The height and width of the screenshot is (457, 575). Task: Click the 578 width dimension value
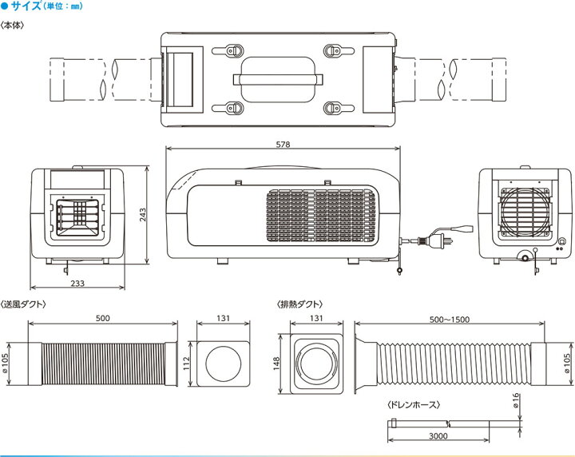pyautogui.click(x=283, y=145)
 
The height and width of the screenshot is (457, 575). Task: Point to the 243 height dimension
pyautogui.click(x=143, y=215)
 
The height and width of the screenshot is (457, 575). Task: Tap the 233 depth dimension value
pyautogui.click(x=77, y=283)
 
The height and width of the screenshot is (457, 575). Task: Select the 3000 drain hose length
pyautogui.click(x=438, y=435)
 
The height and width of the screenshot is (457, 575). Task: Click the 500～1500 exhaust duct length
pyautogui.click(x=449, y=320)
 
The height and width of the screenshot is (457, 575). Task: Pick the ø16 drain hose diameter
pyautogui.click(x=515, y=400)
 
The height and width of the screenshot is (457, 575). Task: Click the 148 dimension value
pyautogui.click(x=276, y=363)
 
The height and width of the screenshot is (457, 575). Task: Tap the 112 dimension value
pyautogui.click(x=187, y=363)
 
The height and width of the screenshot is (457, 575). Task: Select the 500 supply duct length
pyautogui.click(x=103, y=318)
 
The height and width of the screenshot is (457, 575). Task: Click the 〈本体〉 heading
pyautogui.click(x=13, y=26)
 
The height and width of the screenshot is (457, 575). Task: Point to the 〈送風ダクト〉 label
pyautogui.click(x=23, y=304)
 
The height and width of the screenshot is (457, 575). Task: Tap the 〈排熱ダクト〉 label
pyautogui.click(x=300, y=304)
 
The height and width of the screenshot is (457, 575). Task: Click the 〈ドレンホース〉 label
pyautogui.click(x=414, y=405)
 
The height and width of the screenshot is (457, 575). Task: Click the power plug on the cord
pyautogui.click(x=435, y=241)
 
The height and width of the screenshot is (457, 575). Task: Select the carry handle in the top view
pyautogui.click(x=278, y=79)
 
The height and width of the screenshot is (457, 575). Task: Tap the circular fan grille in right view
pyautogui.click(x=525, y=212)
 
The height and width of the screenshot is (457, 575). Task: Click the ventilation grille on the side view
pyautogui.click(x=321, y=216)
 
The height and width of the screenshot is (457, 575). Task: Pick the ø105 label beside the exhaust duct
pyautogui.click(x=567, y=363)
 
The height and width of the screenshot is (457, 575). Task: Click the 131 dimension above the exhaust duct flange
pyautogui.click(x=316, y=318)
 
